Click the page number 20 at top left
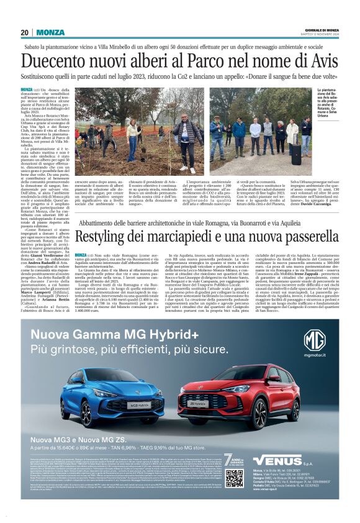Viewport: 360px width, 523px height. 24,32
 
